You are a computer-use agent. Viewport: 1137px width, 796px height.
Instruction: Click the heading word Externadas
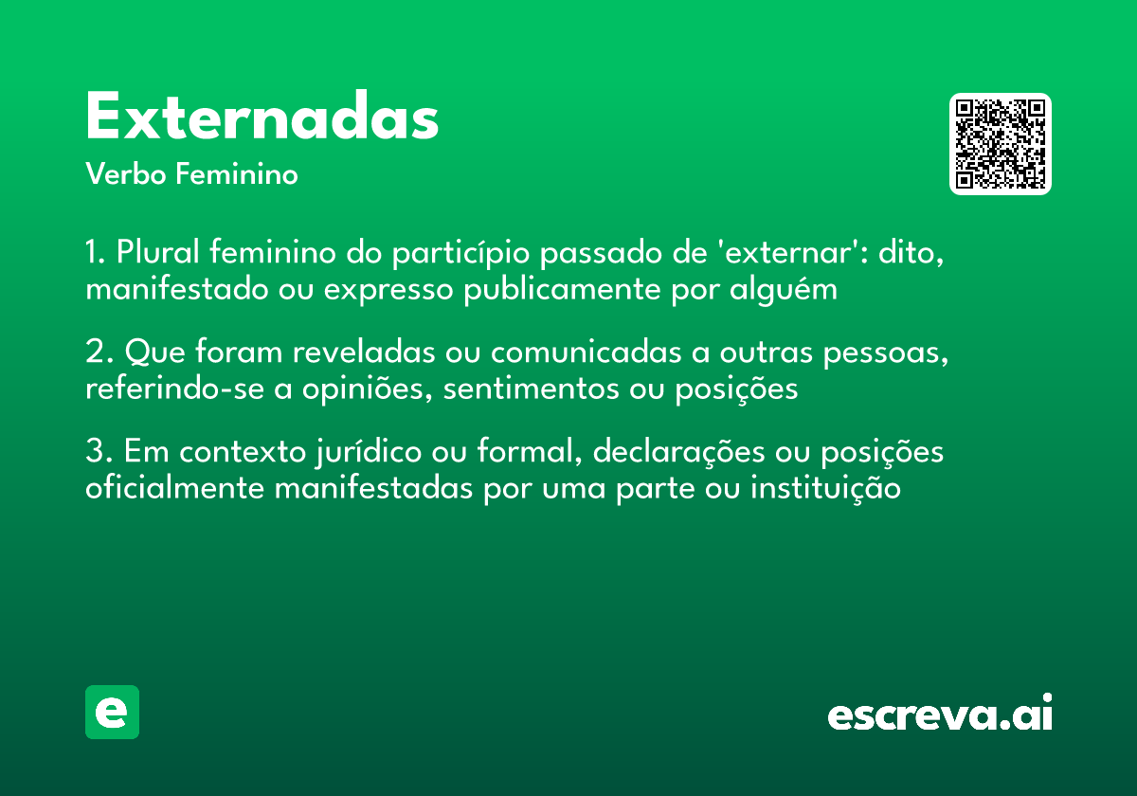pyautogui.click(x=262, y=119)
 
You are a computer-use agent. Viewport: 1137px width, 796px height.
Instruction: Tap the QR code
pyautogui.click(x=1001, y=144)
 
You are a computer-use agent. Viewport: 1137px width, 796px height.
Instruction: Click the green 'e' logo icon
pyautogui.click(x=112, y=712)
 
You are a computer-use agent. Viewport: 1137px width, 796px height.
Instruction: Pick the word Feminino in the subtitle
pyautogui.click(x=237, y=175)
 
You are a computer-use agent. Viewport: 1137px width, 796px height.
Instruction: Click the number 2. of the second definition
pyautogui.click(x=99, y=353)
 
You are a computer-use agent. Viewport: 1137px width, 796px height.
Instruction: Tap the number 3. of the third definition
pyautogui.click(x=99, y=452)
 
